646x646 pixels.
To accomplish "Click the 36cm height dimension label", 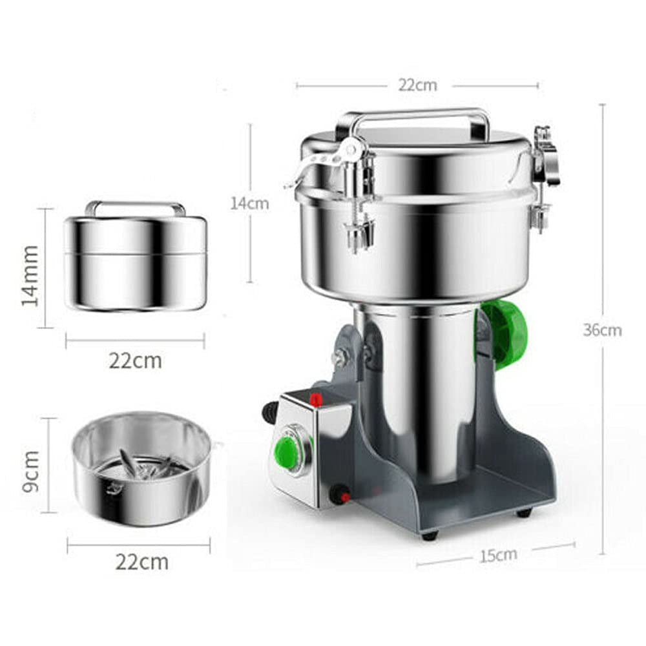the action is pyautogui.click(x=602, y=330).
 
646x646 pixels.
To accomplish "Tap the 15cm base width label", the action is pyautogui.click(x=498, y=555).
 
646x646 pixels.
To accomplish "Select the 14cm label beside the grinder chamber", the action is pyautogui.click(x=249, y=203).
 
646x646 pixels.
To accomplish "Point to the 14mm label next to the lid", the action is pyautogui.click(x=30, y=276).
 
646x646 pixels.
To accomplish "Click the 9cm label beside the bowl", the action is pyautogui.click(x=30, y=471).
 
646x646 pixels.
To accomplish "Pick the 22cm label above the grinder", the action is pyautogui.click(x=417, y=85).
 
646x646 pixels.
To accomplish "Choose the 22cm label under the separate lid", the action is pyautogui.click(x=136, y=361).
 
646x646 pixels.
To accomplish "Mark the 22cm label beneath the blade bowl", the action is pyautogui.click(x=141, y=561).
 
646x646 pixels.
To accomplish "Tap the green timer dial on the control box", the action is pyautogui.click(x=287, y=451).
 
